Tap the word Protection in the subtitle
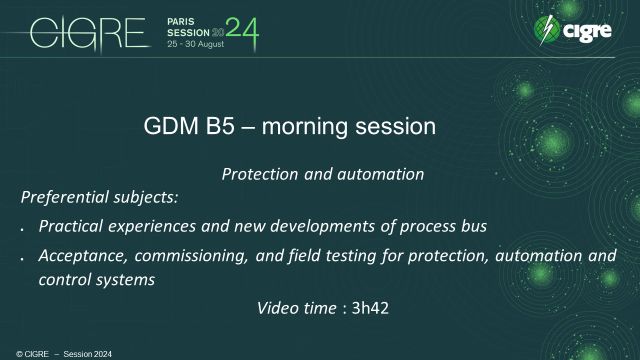tap(257, 174)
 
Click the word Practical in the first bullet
tap(70, 227)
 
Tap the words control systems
tap(96, 280)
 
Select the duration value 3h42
tap(369, 308)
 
